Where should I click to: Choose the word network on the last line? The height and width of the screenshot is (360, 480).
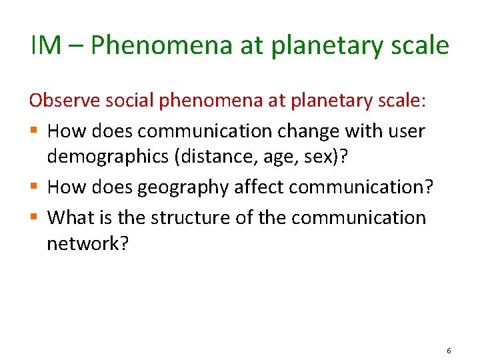pyautogui.click(x=85, y=244)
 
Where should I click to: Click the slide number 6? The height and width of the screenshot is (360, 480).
pyautogui.click(x=449, y=350)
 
